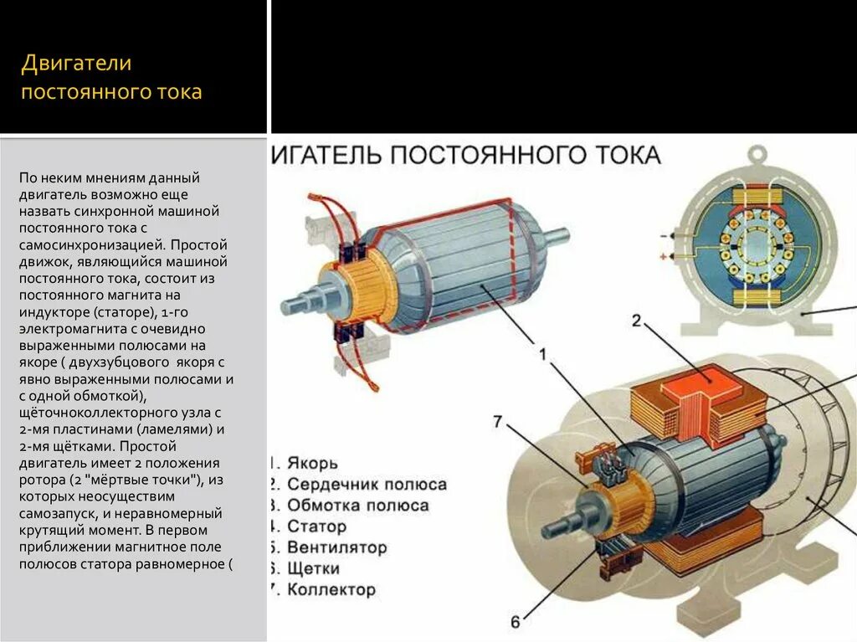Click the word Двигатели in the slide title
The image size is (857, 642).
point(76,64)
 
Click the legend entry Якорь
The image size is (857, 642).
point(312,463)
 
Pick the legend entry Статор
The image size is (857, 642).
point(316,526)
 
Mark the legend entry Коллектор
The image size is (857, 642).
point(331,590)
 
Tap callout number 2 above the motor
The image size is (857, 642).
point(636,320)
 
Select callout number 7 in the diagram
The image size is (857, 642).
point(498,421)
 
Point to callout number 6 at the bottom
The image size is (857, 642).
point(515,622)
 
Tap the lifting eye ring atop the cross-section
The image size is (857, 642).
point(757,155)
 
